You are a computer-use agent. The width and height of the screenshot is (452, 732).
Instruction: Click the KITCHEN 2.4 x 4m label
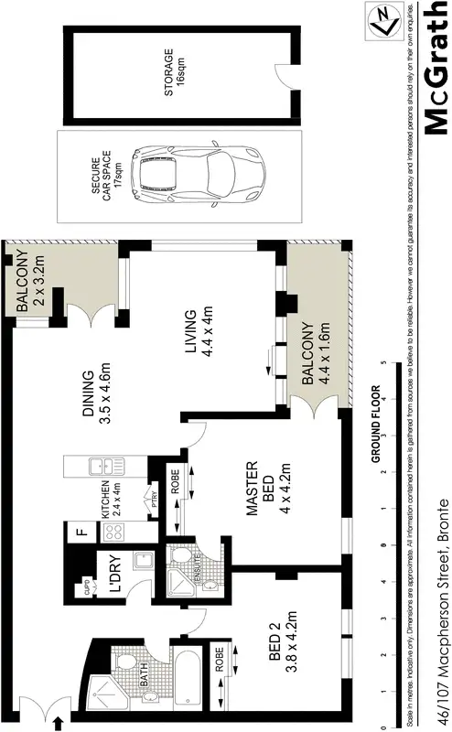coord(110,498)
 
